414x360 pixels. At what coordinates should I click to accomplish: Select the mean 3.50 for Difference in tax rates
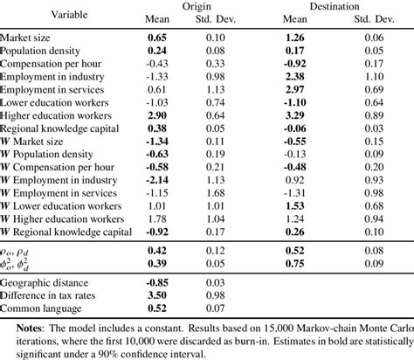pyautogui.click(x=157, y=296)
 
